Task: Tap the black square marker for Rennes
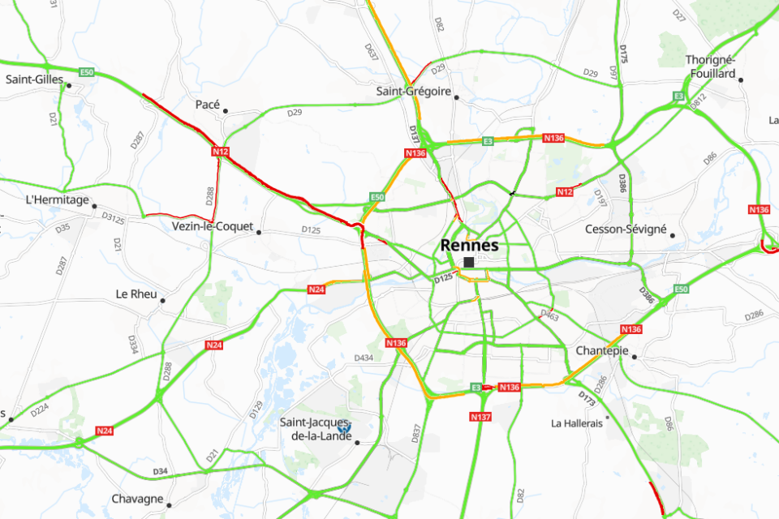pyautogui.click(x=469, y=262)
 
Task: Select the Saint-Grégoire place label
pyautogui.click(x=413, y=92)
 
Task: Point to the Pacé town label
pyautogui.click(x=208, y=105)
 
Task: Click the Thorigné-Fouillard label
pyautogui.click(x=710, y=66)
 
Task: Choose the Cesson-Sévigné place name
pyautogui.click(x=626, y=229)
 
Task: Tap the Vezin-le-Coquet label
pyautogui.click(x=213, y=227)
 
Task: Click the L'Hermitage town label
pyautogui.click(x=57, y=199)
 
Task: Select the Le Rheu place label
pyautogui.click(x=136, y=294)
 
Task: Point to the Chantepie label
pyautogui.click(x=602, y=351)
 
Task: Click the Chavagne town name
pyautogui.click(x=137, y=499)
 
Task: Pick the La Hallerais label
pyautogui.click(x=577, y=423)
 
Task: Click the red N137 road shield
pyautogui.click(x=480, y=417)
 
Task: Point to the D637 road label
pyautogui.click(x=372, y=54)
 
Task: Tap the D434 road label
pyautogui.click(x=364, y=358)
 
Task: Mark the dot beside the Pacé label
pyautogui.click(x=226, y=111)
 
